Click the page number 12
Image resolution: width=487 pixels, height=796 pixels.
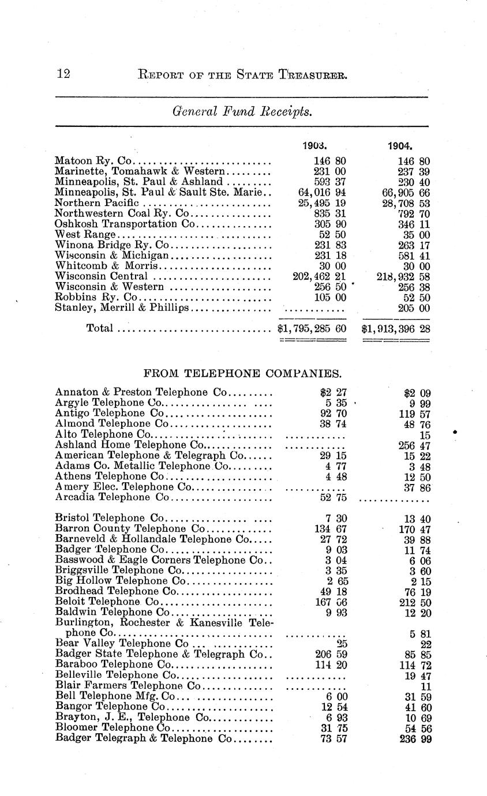(63, 74)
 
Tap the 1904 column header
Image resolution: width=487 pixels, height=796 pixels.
(400, 146)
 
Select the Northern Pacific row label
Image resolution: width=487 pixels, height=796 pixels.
(97, 203)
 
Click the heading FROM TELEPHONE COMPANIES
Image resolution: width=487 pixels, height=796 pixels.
(242, 371)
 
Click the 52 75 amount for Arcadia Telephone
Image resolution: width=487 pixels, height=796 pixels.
(333, 497)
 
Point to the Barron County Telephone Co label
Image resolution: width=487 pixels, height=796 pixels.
(130, 529)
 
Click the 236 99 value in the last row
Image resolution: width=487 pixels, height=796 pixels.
(415, 738)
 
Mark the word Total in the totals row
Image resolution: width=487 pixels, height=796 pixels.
(99, 329)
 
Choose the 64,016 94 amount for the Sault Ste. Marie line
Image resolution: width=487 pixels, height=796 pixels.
(319, 193)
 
